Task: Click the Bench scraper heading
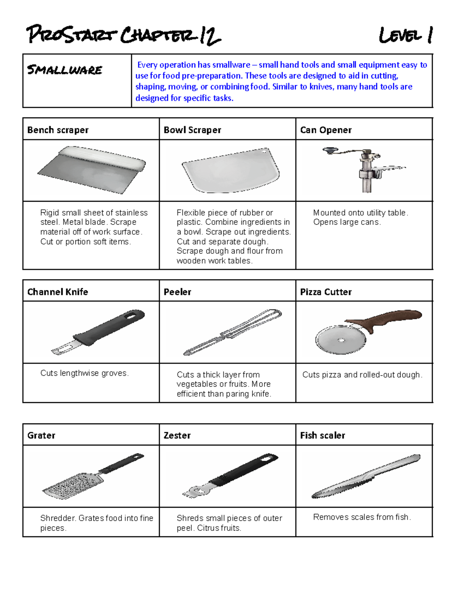[58, 130]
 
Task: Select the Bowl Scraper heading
[192, 130]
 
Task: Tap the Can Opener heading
[326, 130]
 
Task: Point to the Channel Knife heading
[58, 292]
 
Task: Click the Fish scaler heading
[322, 435]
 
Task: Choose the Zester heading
[177, 435]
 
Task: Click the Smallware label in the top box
[65, 70]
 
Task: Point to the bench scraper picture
[92, 170]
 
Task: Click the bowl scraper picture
[231, 170]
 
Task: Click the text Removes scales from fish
[362, 517]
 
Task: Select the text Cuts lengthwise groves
[84, 373]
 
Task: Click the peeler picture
[232, 332]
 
